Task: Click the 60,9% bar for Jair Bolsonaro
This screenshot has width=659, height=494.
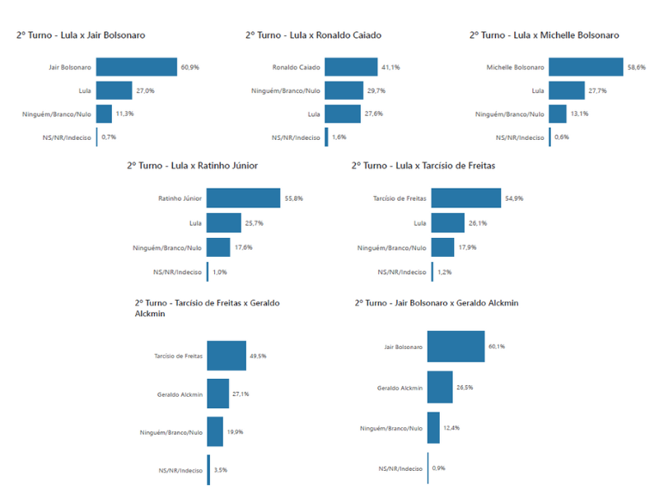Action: (x=137, y=67)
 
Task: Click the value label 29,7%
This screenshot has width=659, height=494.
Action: (x=376, y=91)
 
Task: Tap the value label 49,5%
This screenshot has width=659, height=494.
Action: (x=259, y=356)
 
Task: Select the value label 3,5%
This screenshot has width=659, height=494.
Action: (x=222, y=470)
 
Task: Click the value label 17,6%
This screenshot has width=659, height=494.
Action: (x=244, y=247)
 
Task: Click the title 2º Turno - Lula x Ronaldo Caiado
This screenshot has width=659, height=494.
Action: (x=313, y=35)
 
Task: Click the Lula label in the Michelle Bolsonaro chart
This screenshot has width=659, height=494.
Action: (x=537, y=91)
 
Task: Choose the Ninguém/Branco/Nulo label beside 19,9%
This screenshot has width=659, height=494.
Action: (x=171, y=432)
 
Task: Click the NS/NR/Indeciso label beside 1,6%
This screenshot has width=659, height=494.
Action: (x=296, y=137)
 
